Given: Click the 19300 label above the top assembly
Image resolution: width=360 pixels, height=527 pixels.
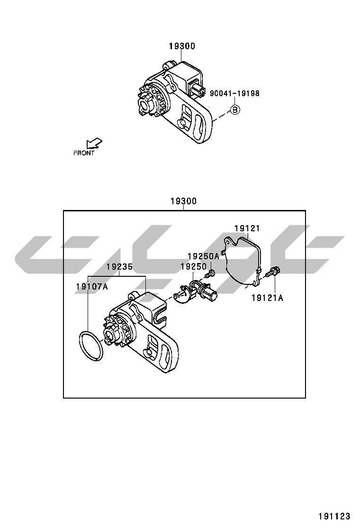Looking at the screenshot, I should pos(182,46).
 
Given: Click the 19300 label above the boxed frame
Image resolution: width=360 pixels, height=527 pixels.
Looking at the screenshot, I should pos(183,201).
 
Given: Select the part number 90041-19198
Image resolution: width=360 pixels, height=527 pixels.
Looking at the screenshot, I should pos(234,93).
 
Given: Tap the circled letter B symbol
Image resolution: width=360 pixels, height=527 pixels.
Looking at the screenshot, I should pos(235,110).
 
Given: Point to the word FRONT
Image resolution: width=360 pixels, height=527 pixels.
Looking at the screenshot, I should pos(84,153).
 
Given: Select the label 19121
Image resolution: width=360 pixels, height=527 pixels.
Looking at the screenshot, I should pos(248,228).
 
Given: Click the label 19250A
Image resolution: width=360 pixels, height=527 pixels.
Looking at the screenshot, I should pos(203,256).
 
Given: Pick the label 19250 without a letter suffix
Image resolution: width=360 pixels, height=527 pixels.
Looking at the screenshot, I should pos(194,267).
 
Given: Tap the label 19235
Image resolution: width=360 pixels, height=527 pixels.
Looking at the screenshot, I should pos(119,267).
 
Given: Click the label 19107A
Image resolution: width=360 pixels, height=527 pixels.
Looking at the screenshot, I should pos(92,287).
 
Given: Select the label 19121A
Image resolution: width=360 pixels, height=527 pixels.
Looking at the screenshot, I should pos(267,298).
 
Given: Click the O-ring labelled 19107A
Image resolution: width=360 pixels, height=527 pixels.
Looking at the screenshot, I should pos(91,346).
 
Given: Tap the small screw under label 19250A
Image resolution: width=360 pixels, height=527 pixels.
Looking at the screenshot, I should pos(211,274).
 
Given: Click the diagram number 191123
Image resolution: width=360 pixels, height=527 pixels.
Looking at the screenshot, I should pos(333,516).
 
